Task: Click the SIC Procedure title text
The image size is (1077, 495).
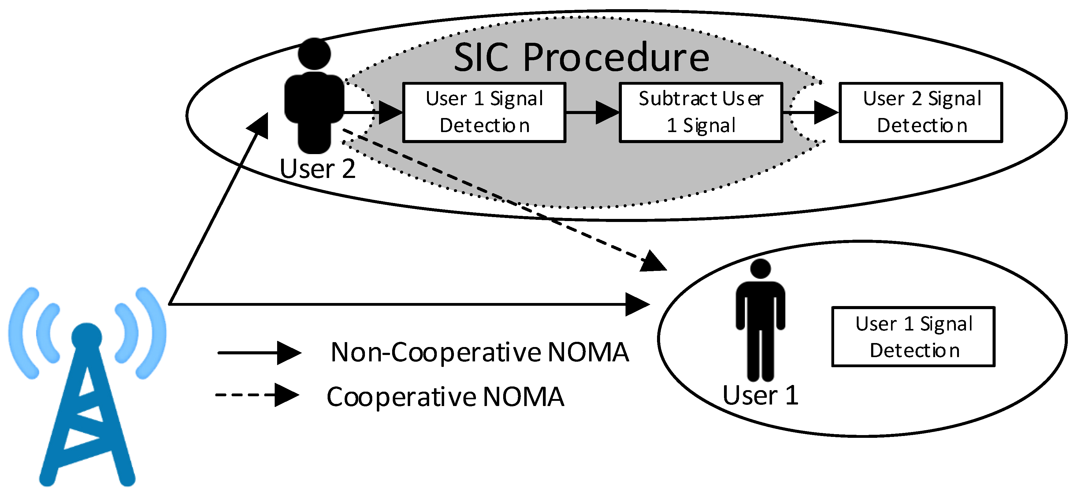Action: click(581, 58)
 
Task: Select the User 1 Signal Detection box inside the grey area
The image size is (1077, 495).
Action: click(484, 112)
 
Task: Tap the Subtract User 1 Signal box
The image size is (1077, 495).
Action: click(701, 112)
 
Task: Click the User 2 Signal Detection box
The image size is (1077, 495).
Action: click(921, 112)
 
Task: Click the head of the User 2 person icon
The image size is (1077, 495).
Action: click(314, 54)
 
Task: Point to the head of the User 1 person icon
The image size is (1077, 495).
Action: click(760, 268)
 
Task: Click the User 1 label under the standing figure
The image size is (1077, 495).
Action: click(760, 395)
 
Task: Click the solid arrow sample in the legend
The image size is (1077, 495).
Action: click(259, 353)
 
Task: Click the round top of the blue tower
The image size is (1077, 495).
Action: click(87, 337)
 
